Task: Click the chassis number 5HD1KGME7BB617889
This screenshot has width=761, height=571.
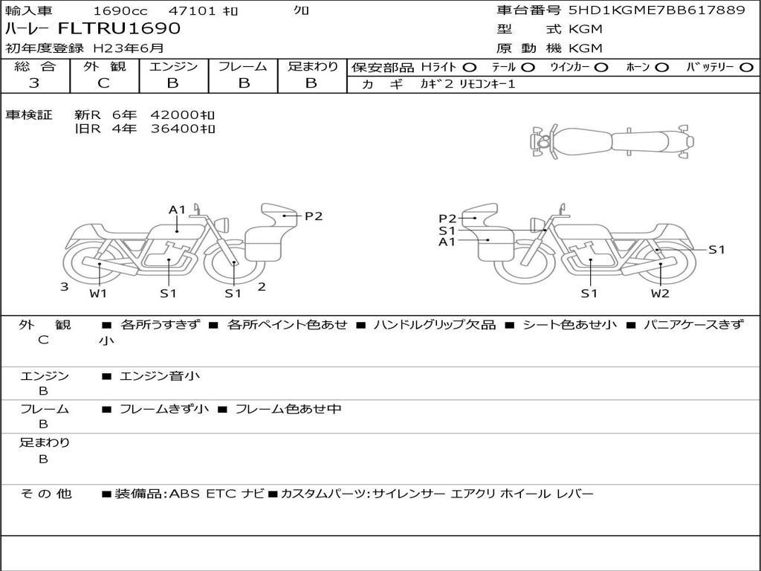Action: (657, 10)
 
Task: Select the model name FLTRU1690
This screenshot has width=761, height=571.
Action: (119, 28)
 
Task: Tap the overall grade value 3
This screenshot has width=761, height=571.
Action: (34, 83)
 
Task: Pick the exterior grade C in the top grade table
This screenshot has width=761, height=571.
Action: (104, 83)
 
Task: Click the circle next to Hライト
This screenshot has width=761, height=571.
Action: (470, 68)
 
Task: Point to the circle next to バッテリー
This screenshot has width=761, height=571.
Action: (746, 68)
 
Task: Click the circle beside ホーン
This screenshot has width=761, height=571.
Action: (662, 68)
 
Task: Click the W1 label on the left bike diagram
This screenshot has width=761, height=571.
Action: (98, 293)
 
